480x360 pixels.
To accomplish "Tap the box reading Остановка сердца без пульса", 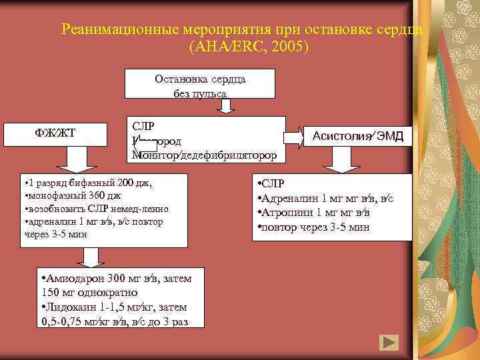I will point(200,86).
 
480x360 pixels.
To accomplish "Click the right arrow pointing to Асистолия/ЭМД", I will point(294,138).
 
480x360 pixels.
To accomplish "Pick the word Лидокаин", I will point(69,307).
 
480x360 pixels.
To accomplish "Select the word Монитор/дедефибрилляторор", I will point(204,155).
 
